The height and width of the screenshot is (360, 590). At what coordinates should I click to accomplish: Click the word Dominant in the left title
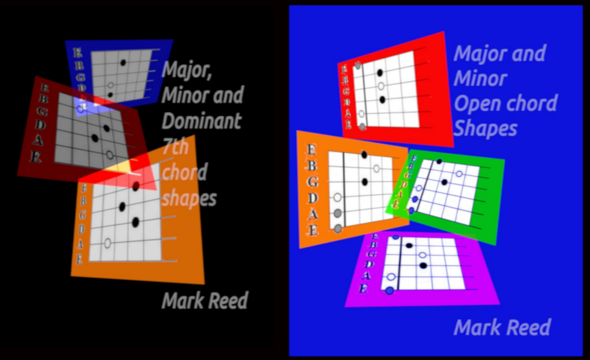pos(201,121)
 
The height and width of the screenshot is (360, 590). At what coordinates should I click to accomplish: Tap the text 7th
pos(175,147)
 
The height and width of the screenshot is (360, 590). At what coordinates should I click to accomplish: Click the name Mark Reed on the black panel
pos(205,301)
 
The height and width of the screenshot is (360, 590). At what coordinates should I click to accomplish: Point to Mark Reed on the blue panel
pos(503,327)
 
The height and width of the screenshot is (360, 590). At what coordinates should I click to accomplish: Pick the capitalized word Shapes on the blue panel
pos(486,129)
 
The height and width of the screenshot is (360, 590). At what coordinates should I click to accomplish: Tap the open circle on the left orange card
pos(107,243)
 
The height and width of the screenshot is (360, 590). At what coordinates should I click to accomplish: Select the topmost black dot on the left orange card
pos(136,186)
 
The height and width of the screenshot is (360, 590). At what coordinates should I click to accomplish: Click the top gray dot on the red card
pos(358,65)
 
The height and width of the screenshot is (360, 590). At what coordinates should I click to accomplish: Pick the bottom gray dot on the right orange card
pos(338,228)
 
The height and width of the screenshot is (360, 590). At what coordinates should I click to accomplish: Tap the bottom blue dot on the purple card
pos(389,290)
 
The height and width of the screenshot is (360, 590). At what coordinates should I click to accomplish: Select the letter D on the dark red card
pos(40,124)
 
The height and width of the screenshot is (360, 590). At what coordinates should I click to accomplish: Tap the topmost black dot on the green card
pos(439,161)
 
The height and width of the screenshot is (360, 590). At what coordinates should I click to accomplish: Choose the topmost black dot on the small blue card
pos(123,62)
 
